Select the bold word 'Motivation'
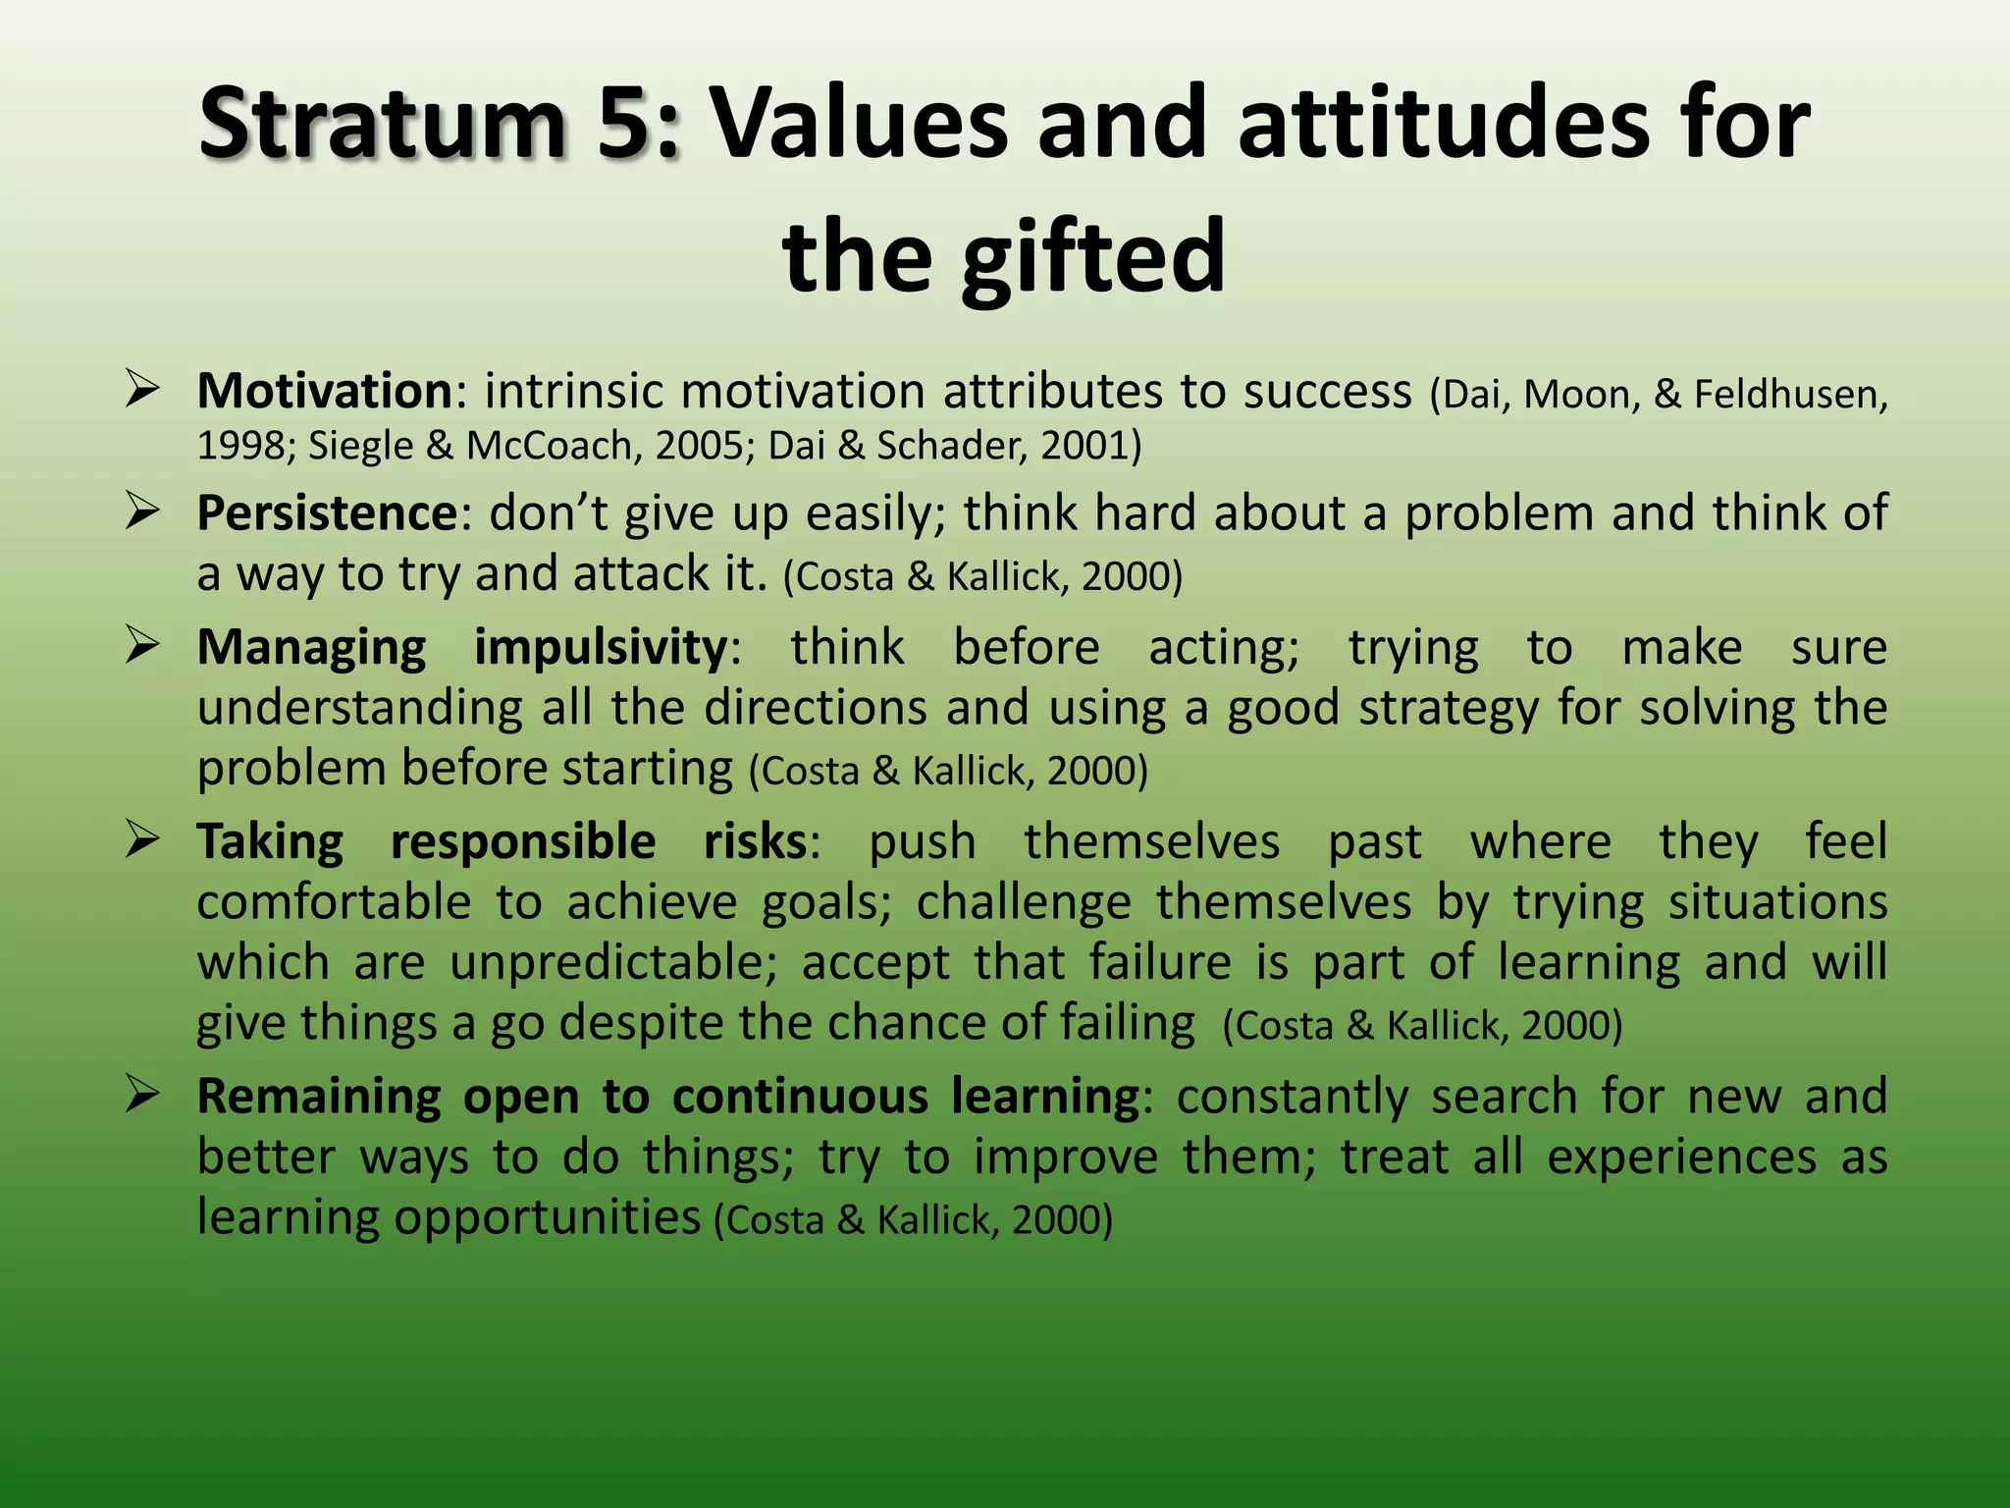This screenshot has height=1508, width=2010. pyautogui.click(x=324, y=392)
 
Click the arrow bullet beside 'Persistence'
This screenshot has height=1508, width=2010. pyautogui.click(x=142, y=511)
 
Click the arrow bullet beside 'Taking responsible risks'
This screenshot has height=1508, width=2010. pyautogui.click(x=142, y=840)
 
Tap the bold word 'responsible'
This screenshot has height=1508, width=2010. pyautogui.click(x=523, y=842)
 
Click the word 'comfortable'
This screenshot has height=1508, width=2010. pyautogui.click(x=334, y=902)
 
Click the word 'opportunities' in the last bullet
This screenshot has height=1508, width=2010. pyautogui.click(x=548, y=1218)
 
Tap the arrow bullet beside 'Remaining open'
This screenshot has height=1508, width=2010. pyautogui.click(x=142, y=1095)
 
